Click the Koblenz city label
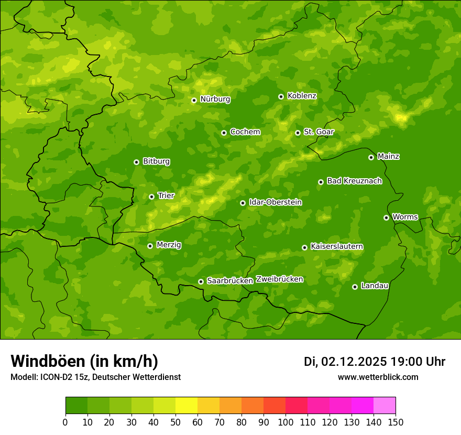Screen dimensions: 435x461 (x=302, y=96)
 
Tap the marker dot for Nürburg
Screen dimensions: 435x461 (x=194, y=100)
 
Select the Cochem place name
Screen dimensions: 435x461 (x=245, y=132)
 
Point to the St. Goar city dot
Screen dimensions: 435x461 (x=298, y=133)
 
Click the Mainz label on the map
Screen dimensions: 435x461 (x=388, y=156)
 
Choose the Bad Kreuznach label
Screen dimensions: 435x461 (x=354, y=181)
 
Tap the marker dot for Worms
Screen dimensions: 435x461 (x=386, y=217)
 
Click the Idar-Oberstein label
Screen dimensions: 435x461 (x=275, y=202)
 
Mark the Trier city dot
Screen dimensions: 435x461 (x=151, y=197)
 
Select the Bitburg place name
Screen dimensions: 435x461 (x=156, y=161)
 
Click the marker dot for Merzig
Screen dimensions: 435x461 (x=150, y=246)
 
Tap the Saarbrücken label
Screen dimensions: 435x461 (x=229, y=280)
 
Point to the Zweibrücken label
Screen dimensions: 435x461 (x=279, y=279)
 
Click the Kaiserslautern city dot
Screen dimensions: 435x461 (x=304, y=247)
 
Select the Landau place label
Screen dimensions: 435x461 (x=375, y=286)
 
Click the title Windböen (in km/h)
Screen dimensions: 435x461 (x=84, y=361)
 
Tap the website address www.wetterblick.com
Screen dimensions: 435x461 (x=378, y=377)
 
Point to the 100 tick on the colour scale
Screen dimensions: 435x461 (x=286, y=422)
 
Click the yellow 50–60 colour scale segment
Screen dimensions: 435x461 (x=186, y=406)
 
